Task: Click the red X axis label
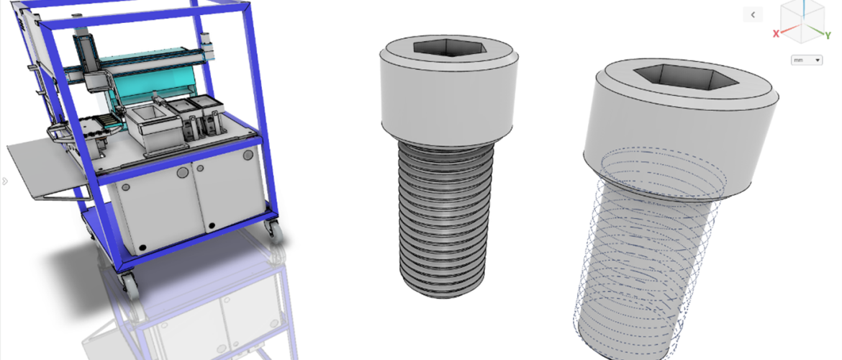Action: (x=776, y=34)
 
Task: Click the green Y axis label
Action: (x=828, y=36)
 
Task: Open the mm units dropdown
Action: (x=807, y=60)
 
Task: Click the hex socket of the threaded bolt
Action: (x=450, y=48)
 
